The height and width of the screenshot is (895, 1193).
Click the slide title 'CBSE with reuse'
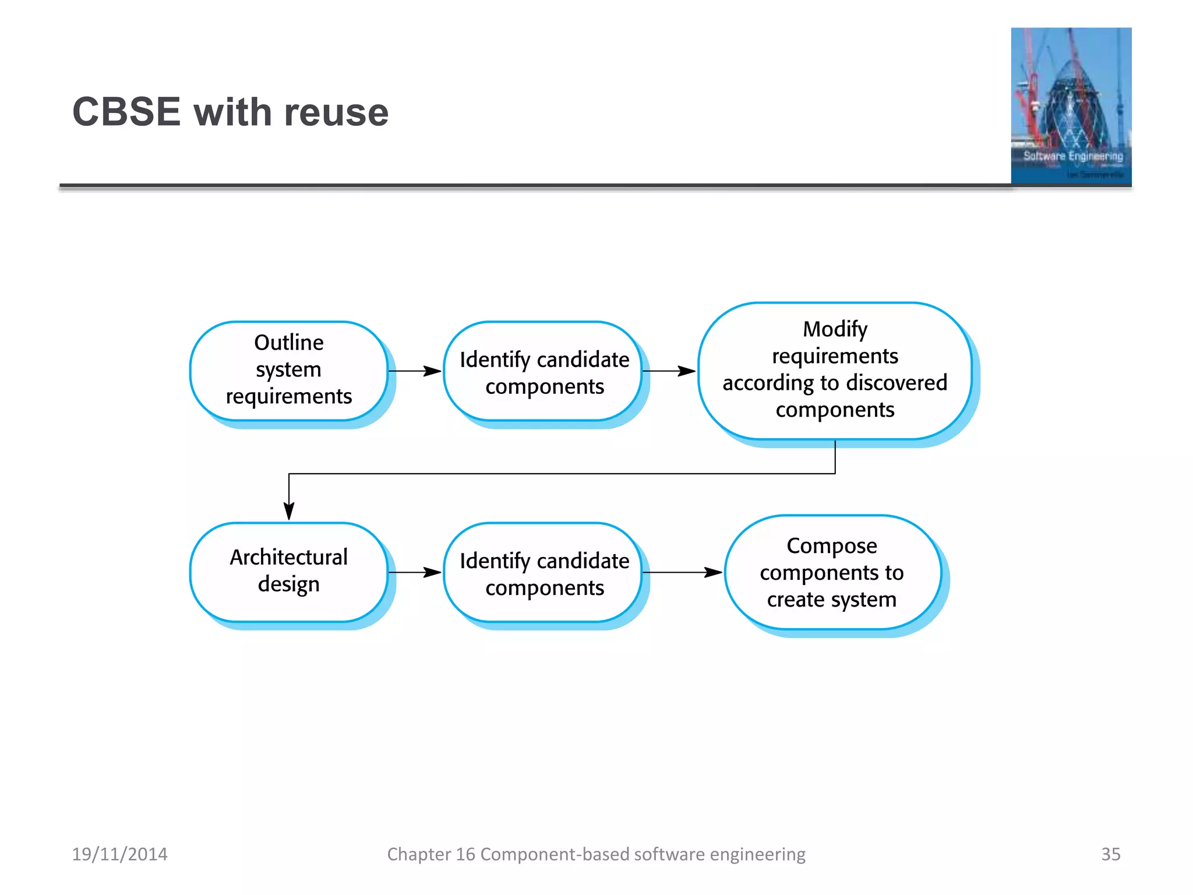coord(230,112)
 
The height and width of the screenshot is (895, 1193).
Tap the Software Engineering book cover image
coord(1071,106)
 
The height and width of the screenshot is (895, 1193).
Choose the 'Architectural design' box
coord(289,570)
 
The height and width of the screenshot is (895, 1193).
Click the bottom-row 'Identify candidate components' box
coord(543,573)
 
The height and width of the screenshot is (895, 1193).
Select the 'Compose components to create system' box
coord(832,572)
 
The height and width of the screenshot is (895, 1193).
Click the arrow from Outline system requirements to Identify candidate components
coord(415,371)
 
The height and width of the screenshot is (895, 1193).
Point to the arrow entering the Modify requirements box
coord(669,371)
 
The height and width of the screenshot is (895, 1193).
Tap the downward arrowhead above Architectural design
coord(289,510)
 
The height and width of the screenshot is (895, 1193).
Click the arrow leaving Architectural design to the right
coord(415,572)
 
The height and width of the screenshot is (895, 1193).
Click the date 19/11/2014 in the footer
coord(119,854)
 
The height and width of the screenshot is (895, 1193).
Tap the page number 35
coord(1110,854)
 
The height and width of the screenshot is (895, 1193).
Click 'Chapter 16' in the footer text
coord(431,854)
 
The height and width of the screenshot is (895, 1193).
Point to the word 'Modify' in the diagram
coord(835,330)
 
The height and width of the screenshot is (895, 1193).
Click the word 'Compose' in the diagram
coord(832,546)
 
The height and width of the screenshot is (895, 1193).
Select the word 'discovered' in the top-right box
coord(897,383)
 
